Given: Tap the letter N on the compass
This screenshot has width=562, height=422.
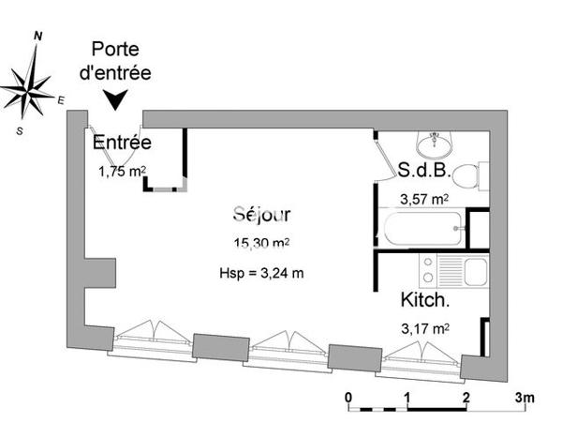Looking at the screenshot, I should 37,35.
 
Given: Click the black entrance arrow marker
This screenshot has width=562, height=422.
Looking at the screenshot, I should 116,98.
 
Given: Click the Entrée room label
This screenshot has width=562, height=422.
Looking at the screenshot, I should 122,143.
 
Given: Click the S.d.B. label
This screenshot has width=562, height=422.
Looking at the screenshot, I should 425,171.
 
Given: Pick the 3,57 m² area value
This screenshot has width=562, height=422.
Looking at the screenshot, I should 424,199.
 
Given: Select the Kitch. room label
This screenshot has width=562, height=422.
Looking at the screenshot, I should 425,301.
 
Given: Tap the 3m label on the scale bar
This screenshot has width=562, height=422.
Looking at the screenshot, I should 525,399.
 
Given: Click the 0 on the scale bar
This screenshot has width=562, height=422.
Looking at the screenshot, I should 348,399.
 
